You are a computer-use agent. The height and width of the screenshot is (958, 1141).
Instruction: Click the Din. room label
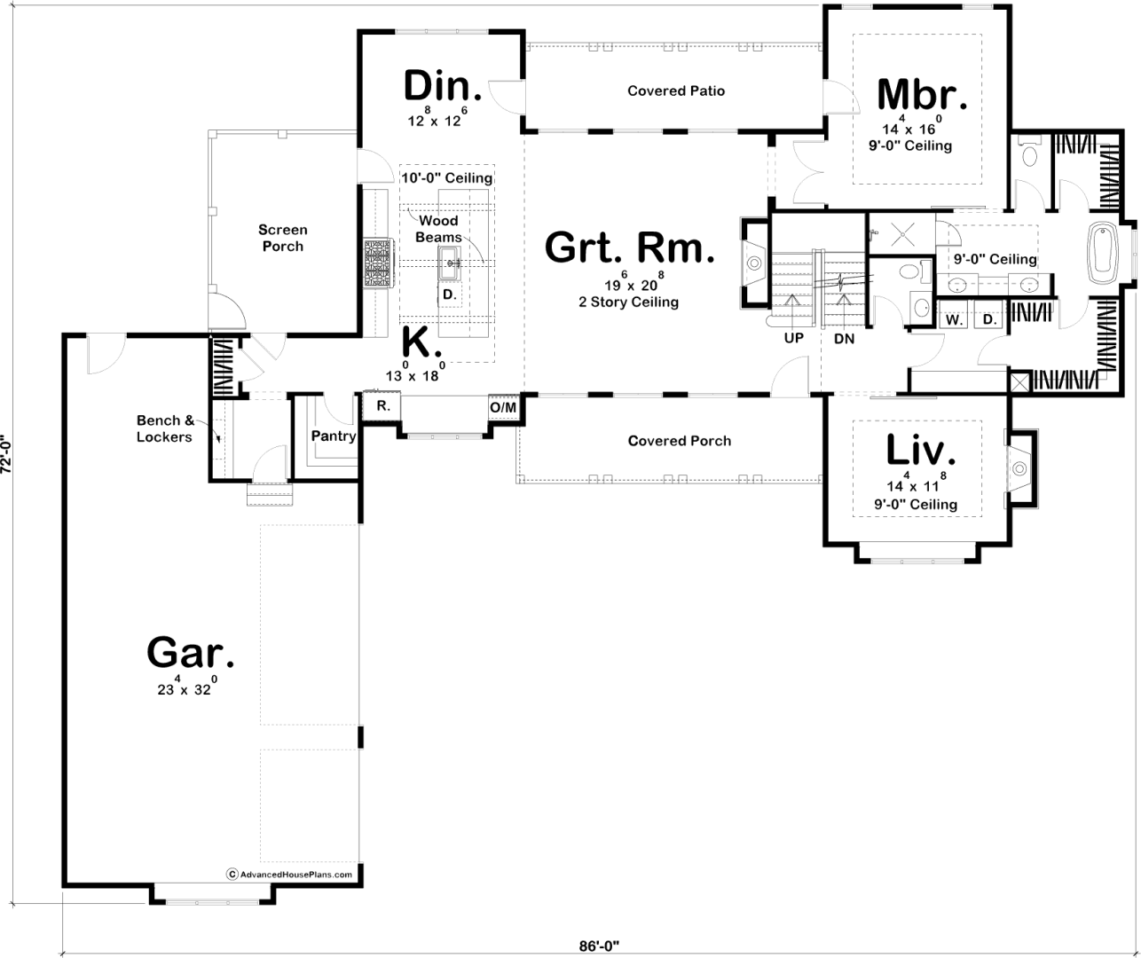443,86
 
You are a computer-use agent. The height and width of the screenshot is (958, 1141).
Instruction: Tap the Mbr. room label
922,95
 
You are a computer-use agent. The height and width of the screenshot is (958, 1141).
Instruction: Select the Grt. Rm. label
630,247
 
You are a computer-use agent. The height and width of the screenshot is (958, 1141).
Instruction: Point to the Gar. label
190,653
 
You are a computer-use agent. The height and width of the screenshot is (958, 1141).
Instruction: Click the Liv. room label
921,449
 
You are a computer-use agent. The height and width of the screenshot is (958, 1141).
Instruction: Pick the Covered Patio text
676,90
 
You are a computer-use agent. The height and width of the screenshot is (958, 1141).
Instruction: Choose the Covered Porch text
680,441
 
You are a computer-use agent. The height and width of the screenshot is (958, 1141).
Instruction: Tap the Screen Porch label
282,238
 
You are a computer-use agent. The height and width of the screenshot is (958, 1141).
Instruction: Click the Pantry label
334,436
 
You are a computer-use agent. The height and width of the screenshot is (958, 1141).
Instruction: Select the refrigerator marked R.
382,406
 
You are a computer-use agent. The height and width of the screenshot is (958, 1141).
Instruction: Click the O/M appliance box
503,408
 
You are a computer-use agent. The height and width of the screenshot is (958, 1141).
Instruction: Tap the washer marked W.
954,319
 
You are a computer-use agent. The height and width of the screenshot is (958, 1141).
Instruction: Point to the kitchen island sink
449,263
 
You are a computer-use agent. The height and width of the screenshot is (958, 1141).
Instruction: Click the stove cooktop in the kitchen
378,263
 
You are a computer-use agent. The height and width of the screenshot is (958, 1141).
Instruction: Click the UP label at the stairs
793,338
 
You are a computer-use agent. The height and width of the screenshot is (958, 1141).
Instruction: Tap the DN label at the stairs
844,339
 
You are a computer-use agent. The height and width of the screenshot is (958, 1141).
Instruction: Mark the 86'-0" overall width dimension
600,946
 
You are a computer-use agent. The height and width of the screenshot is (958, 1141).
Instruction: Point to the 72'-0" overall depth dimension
6,453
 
